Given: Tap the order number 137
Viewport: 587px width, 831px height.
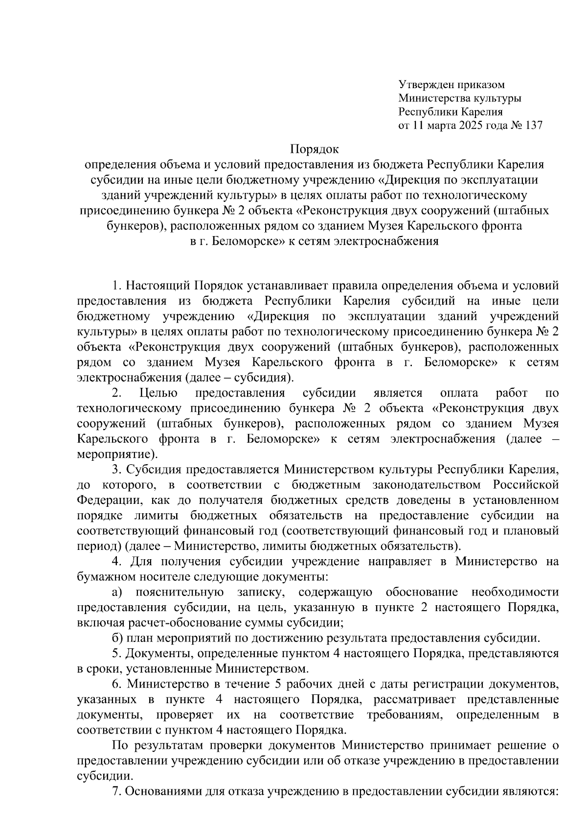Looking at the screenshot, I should pos(533,125).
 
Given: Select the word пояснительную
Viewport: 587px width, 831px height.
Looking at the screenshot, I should pos(180,593).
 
